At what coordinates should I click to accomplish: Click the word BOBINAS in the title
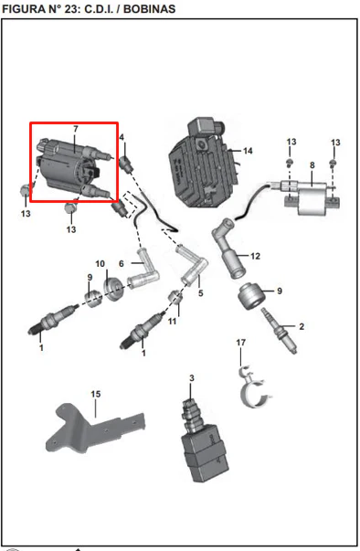(149, 9)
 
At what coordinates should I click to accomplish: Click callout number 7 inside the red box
(75, 130)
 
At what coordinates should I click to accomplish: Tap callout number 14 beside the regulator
(248, 151)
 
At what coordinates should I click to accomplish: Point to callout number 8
(312, 165)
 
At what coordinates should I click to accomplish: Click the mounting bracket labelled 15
(94, 428)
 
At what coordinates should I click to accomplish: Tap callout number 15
(96, 394)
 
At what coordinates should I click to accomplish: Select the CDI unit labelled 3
(204, 443)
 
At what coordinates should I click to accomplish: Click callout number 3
(191, 378)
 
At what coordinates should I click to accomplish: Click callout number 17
(240, 343)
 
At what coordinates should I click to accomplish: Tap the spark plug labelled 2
(279, 331)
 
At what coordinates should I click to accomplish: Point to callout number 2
(302, 326)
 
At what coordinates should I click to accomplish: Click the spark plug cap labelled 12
(228, 249)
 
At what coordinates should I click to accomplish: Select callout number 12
(255, 256)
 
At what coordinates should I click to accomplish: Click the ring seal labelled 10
(114, 290)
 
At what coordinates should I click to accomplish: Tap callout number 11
(172, 321)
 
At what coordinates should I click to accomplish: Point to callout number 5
(200, 293)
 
